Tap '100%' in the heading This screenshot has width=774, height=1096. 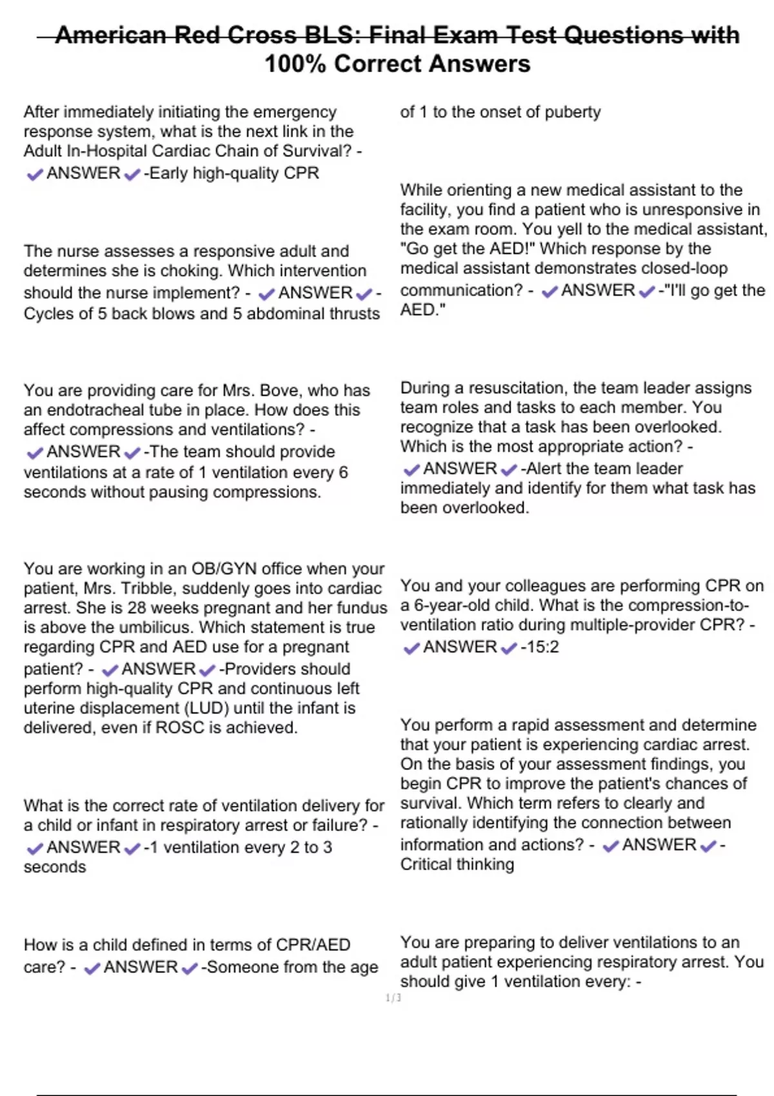tap(295, 64)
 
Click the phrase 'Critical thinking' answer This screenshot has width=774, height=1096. tap(457, 865)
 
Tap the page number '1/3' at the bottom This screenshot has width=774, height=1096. tap(393, 998)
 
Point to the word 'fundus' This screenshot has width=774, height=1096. tap(357, 608)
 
